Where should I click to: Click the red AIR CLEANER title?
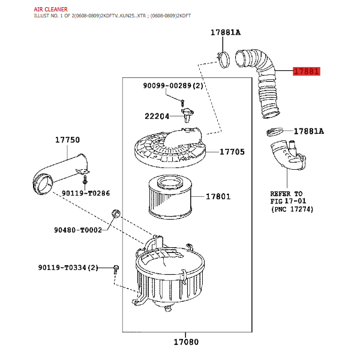pyautogui.click(x=51, y=10)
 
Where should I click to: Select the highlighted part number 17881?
pyautogui.click(x=306, y=71)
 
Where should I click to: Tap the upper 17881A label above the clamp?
pyautogui.click(x=226, y=32)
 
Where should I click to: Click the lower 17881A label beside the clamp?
pyautogui.click(x=309, y=131)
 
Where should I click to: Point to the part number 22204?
pyautogui.click(x=157, y=116)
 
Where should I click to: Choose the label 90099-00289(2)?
pyautogui.click(x=173, y=86)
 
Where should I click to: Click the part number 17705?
pyautogui.click(x=232, y=152)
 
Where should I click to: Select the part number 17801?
pyautogui.click(x=218, y=197)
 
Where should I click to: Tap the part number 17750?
pyautogui.click(x=67, y=140)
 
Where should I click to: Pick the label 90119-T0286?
pyautogui.click(x=86, y=193)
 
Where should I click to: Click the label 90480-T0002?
pyautogui.click(x=78, y=230)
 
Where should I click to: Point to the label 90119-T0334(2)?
pyautogui.click(x=68, y=268)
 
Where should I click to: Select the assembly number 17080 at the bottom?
pyautogui.click(x=186, y=342)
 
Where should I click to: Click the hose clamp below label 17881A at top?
pyautogui.click(x=223, y=59)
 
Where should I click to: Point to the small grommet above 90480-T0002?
pyautogui.click(x=116, y=214)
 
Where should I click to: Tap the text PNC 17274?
pyautogui.click(x=292, y=209)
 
